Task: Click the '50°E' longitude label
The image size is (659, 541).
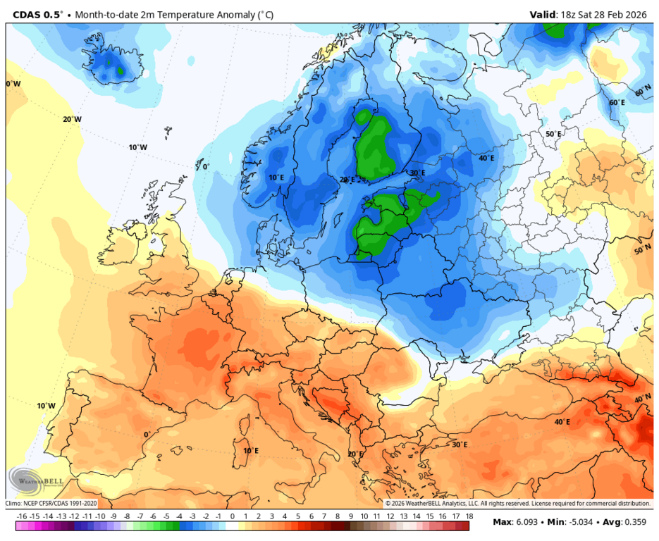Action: pyautogui.click(x=553, y=134)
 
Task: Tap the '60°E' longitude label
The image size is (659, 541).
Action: pyautogui.click(x=617, y=103)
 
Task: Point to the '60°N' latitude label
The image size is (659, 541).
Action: pyautogui.click(x=643, y=92)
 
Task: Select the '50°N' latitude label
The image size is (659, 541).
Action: pyautogui.click(x=642, y=251)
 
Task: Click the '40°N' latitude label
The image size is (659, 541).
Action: pyautogui.click(x=642, y=399)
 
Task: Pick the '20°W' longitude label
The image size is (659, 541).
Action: pyautogui.click(x=72, y=119)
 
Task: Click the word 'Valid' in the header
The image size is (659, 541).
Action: pyautogui.click(x=543, y=14)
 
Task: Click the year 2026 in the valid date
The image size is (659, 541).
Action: pyautogui.click(x=639, y=14)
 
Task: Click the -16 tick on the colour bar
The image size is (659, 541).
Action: pyautogui.click(x=22, y=516)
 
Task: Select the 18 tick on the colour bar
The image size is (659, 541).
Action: pyautogui.click(x=469, y=516)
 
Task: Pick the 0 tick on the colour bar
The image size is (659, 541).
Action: pyautogui.click(x=233, y=516)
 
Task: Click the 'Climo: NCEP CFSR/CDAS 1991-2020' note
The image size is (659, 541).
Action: pyautogui.click(x=51, y=504)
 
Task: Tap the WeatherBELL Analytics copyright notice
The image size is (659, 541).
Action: pyautogui.click(x=517, y=504)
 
